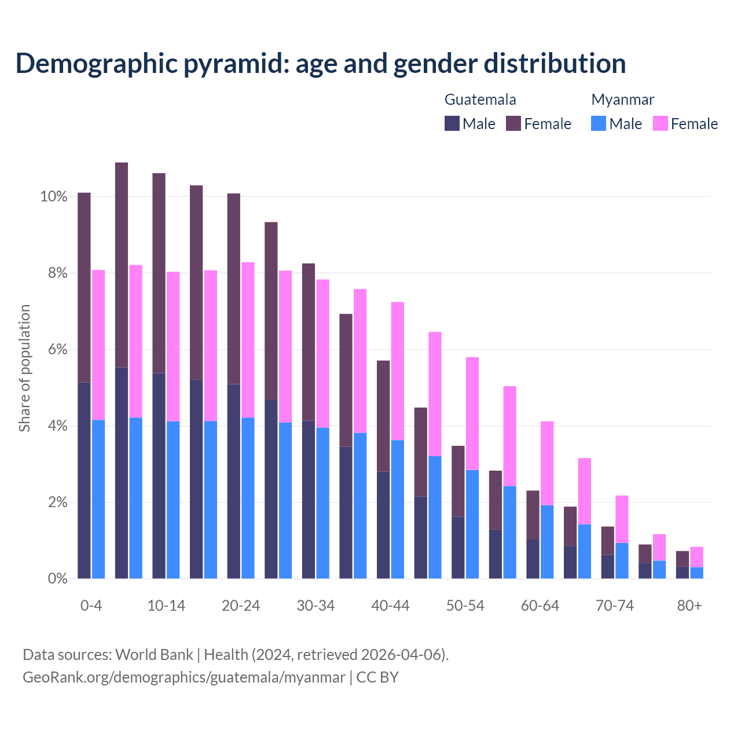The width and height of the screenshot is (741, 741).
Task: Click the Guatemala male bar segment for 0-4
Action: (84, 480)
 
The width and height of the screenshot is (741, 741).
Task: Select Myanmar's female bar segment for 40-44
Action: (398, 371)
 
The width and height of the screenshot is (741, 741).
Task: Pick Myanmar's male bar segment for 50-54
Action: (472, 524)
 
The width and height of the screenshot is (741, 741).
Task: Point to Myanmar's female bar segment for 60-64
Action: (547, 463)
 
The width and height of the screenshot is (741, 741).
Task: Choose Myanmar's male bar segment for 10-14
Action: (173, 500)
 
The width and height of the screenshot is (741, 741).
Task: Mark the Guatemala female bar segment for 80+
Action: (683, 559)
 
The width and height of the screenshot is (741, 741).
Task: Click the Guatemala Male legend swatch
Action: (452, 123)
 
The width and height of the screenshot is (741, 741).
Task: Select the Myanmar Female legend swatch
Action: (661, 123)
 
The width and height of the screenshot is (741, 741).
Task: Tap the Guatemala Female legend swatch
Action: (513, 123)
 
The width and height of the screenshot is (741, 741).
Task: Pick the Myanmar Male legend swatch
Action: (599, 123)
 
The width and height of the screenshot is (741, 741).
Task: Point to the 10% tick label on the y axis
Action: (54, 197)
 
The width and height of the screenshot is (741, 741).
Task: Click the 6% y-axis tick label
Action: (57, 350)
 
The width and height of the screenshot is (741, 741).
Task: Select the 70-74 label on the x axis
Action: (615, 606)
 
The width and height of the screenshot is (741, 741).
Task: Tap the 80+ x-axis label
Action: (689, 606)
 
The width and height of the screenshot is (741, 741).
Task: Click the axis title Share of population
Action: (24, 368)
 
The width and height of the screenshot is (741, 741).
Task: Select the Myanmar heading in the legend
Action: (622, 100)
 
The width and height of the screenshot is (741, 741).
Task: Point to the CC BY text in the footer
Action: (377, 677)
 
